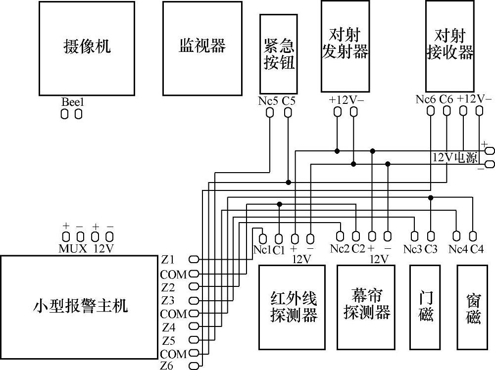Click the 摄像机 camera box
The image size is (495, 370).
[x=87, y=47]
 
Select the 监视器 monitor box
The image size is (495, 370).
[x=201, y=47]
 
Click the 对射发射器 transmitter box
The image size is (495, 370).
[x=345, y=45]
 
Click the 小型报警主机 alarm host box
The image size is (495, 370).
[x=80, y=307]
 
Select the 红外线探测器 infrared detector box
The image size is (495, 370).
[x=292, y=307]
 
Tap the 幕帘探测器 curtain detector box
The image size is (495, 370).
[x=366, y=307]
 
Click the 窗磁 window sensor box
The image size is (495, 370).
[x=472, y=307]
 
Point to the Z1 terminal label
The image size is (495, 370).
[x=168, y=259]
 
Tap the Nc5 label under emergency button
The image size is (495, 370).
[x=268, y=101]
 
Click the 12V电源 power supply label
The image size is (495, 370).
[x=455, y=158]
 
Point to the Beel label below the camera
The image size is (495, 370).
[x=73, y=102]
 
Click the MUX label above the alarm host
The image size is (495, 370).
[x=73, y=248]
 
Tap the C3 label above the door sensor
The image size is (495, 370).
[x=431, y=249]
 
